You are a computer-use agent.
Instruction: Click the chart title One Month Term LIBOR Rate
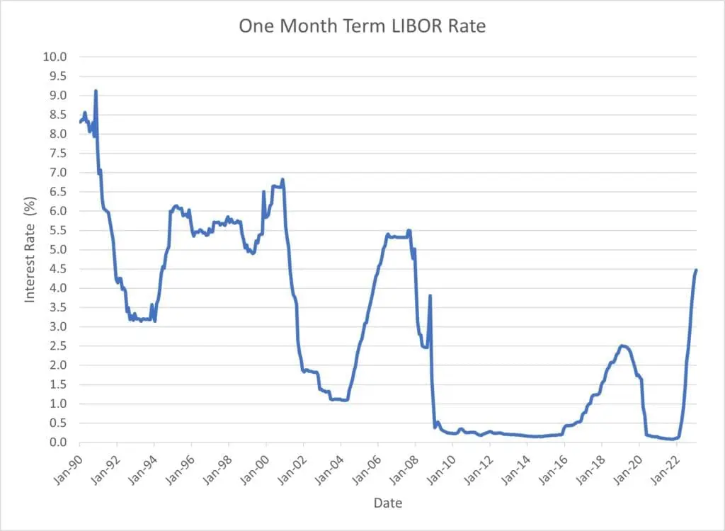(362, 26)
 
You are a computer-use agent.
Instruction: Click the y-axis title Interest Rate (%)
(30, 249)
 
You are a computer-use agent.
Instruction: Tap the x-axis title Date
(387, 503)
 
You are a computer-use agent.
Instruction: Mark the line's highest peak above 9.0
(96, 91)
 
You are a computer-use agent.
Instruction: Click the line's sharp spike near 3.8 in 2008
(430, 295)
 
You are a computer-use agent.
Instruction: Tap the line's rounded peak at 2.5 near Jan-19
(622, 346)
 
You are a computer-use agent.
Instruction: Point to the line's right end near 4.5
(696, 270)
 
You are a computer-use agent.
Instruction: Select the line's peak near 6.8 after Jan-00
(282, 179)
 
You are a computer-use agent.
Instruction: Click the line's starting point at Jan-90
(80, 122)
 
